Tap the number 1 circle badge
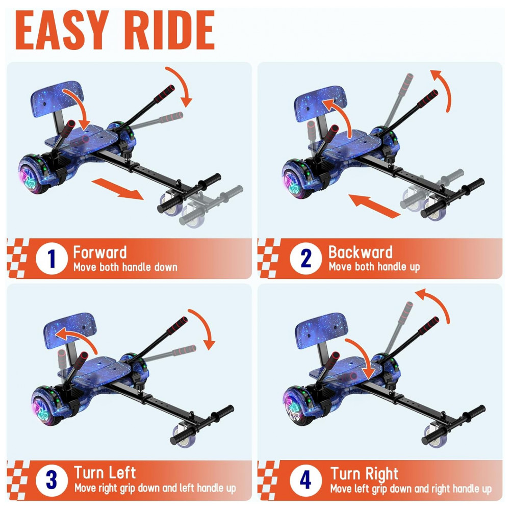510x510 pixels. tap(52, 259)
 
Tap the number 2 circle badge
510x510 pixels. tap(305, 259)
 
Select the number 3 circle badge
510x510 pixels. tap(52, 480)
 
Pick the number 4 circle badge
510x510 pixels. tap(305, 480)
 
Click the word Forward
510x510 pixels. tap(100, 252)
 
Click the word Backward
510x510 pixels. tap(361, 252)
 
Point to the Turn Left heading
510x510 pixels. tap(105, 473)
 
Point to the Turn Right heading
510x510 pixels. tap(364, 474)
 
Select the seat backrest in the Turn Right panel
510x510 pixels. tap(321, 331)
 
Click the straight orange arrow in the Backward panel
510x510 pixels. tap(374, 206)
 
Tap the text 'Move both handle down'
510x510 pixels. tap(125, 267)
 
